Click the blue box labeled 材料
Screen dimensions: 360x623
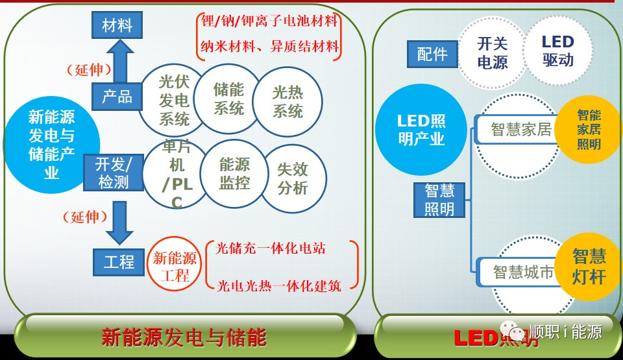pos(117,25)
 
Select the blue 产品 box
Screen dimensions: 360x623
pos(117,97)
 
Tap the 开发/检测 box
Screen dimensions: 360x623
pos(114,173)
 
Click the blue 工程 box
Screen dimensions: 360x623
pos(119,261)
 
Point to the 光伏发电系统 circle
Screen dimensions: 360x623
pos(174,101)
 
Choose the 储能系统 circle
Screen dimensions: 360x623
pos(228,98)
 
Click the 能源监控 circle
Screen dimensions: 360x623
pos(234,174)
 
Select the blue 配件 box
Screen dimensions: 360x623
pos(432,54)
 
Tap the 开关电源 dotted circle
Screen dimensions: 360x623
pos(493,53)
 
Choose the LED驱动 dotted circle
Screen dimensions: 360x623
pos(557,51)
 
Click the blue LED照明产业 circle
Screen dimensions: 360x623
pos(421,129)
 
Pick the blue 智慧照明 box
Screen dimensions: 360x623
pos(439,199)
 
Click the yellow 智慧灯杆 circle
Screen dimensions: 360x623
pos(589,266)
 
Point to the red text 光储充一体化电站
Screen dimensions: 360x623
pos(271,248)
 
